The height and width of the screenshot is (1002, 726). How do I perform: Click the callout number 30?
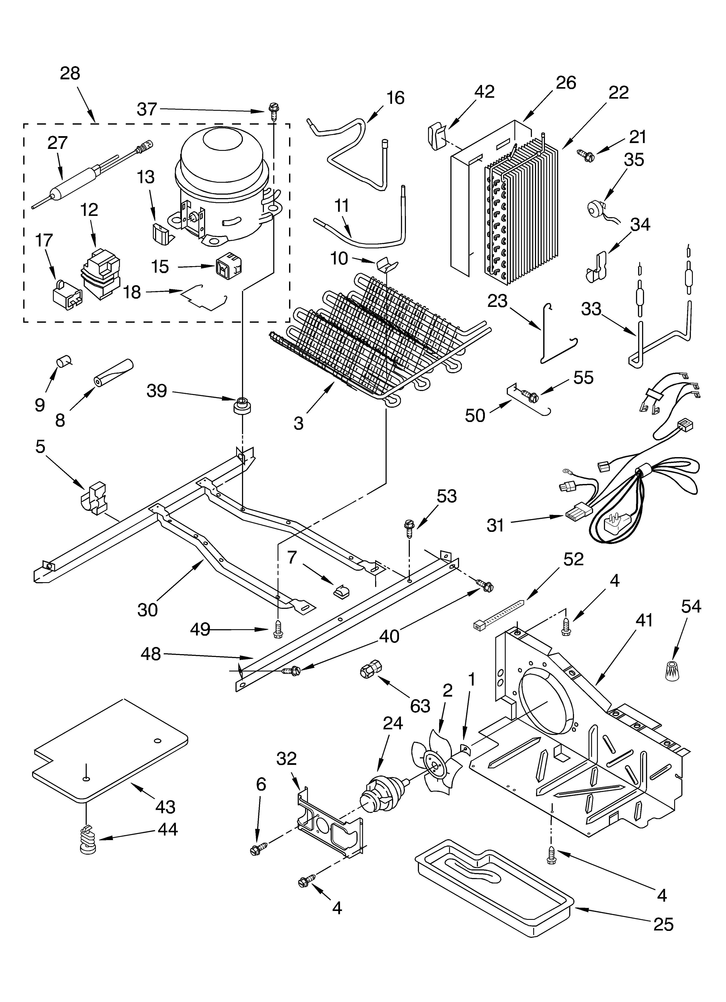point(147,610)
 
